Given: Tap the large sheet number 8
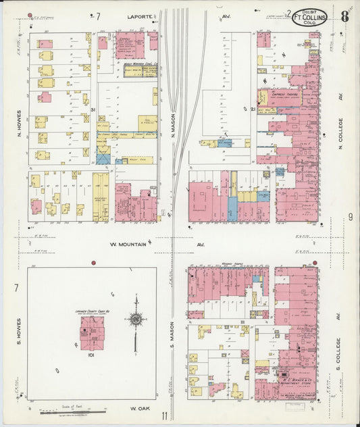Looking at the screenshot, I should pos(344,16).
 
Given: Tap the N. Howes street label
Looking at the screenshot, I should pos(20,124).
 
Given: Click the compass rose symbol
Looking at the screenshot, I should pos(136,320).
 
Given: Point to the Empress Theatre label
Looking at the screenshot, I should pos(280,95).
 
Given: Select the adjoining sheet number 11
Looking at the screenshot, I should pos(164,415).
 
